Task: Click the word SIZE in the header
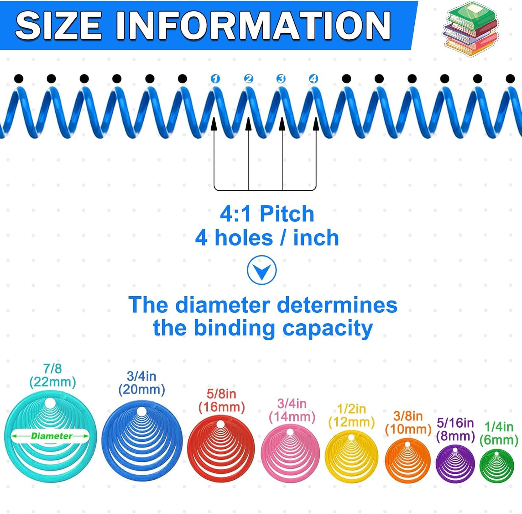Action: pyautogui.click(x=58, y=25)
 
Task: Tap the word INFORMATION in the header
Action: pyautogui.click(x=253, y=25)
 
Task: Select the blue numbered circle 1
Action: pyautogui.click(x=215, y=79)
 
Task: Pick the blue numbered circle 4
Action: pyautogui.click(x=314, y=79)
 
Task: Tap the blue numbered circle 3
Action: pyautogui.click(x=281, y=79)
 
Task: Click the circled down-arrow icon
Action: pyautogui.click(x=262, y=270)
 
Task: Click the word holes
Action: pyautogui.click(x=244, y=238)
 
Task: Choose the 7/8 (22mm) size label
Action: pyautogui.click(x=53, y=375)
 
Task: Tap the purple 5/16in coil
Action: pyautogui.click(x=455, y=463)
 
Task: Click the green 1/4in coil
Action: pyautogui.click(x=497, y=466)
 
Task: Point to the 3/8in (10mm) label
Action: pyautogui.click(x=408, y=423)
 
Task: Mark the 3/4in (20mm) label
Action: pyautogui.click(x=142, y=383)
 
